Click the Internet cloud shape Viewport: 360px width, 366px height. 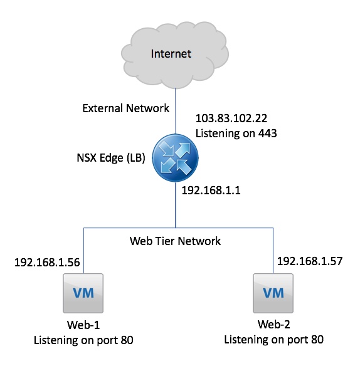tap(175, 55)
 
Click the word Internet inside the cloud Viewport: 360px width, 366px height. tap(171, 54)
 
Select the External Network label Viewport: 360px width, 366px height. tap(125, 108)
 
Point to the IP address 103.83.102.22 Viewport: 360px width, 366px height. tap(231, 118)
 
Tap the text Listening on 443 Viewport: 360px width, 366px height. tap(236, 133)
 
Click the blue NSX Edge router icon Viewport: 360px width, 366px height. tap(175, 158)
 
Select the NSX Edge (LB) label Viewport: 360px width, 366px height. tap(111, 158)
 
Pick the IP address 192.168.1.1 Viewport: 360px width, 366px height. tap(211, 191)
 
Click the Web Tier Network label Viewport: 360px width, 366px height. tap(175, 241)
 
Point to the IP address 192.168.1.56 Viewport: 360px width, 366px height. tap(47, 263)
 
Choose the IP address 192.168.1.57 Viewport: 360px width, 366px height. tap(310, 261)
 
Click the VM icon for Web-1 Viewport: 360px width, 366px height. tap(83, 293)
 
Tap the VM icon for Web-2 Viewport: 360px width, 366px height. tap(273, 293)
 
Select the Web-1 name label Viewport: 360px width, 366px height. tap(83, 325)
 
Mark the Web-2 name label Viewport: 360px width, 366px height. tap(274, 325)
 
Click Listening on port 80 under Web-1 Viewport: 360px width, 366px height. tap(83, 340)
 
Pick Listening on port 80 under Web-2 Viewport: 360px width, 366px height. tap(274, 340)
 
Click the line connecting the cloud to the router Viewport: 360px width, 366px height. tap(176, 112)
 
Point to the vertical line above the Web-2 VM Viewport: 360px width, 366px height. tap(273, 251)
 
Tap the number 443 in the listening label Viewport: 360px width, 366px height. tap(267, 133)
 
